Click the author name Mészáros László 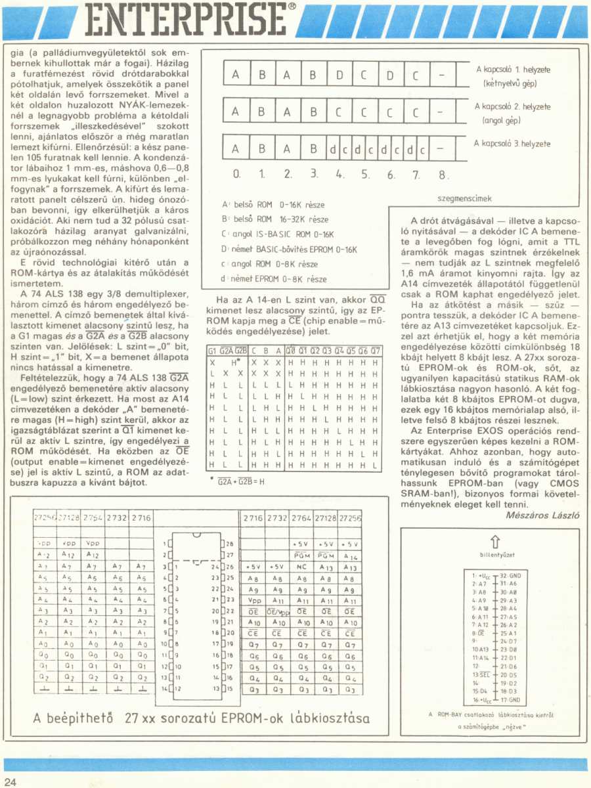point(543,515)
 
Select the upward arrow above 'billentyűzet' point(496,541)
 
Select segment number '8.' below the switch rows point(443,176)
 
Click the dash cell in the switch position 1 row point(442,75)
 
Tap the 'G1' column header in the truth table point(212,351)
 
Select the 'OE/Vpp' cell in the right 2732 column point(277,611)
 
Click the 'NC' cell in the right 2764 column point(303,567)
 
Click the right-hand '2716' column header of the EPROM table point(253,517)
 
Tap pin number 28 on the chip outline point(229,544)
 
